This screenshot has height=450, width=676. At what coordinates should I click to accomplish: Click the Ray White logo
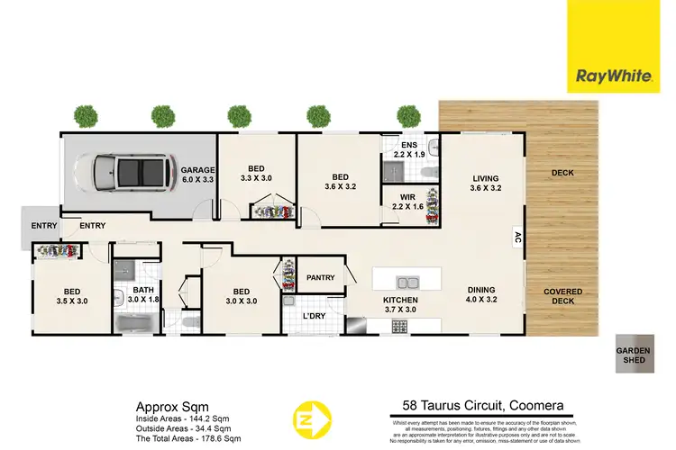coord(621,46)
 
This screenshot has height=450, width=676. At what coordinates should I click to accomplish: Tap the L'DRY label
coord(314,316)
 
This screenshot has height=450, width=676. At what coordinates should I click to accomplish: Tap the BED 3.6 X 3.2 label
coord(340,183)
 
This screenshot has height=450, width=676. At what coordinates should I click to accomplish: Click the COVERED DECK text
coord(563,298)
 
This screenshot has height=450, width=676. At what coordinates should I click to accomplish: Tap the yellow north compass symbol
coord(308,419)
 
